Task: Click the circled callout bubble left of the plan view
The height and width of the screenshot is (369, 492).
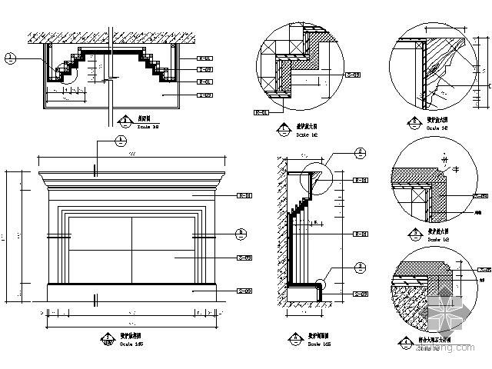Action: tap(10, 57)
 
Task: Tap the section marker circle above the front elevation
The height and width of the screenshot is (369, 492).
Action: tap(121, 141)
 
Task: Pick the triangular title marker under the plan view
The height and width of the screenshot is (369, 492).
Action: tap(125, 119)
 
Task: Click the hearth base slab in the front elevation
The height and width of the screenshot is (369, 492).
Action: tap(131, 292)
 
